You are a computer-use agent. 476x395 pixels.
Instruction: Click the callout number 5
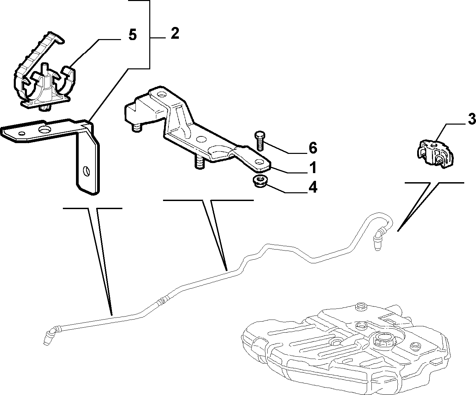tap(132, 35)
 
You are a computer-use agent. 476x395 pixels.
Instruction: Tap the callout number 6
tap(313, 148)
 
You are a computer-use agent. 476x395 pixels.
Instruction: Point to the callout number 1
tap(313, 167)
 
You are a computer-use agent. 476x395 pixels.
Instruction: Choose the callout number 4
tap(313, 187)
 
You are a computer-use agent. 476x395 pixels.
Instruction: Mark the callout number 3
tap(472, 119)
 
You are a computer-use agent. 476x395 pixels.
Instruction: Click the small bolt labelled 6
tap(260, 141)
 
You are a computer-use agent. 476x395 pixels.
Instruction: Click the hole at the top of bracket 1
tap(162, 94)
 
